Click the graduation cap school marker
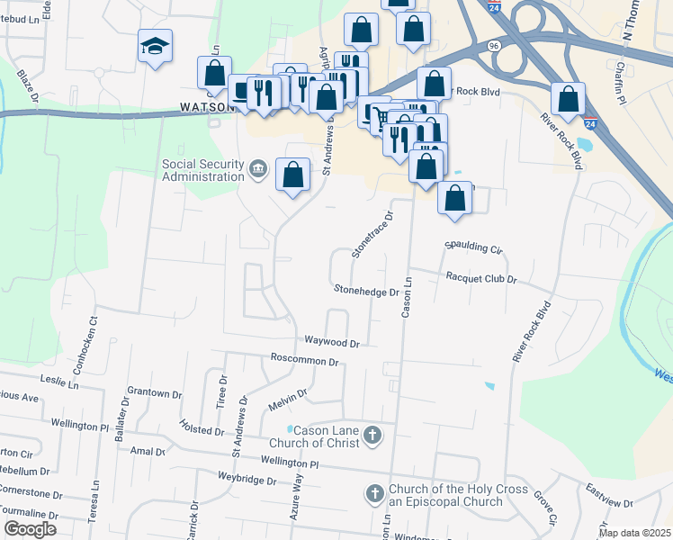(x=155, y=45)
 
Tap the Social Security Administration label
(x=202, y=170)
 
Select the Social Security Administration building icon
(x=258, y=169)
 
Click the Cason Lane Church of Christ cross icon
(x=372, y=437)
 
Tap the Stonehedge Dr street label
(x=366, y=292)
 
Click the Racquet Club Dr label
(x=481, y=279)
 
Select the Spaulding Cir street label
(x=472, y=246)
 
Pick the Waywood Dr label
(x=331, y=343)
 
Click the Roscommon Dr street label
(x=304, y=361)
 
